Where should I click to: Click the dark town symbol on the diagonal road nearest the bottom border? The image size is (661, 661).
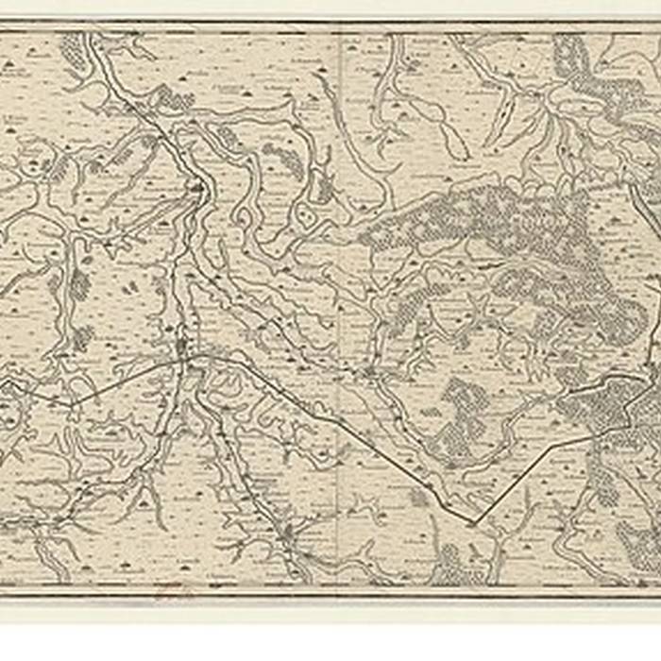pyautogui.click(x=284, y=535)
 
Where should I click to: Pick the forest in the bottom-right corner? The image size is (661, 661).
pyautogui.click(x=637, y=548)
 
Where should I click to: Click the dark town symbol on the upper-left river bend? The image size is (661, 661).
pyautogui.click(x=197, y=189)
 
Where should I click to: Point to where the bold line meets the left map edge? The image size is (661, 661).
pyautogui.click(x=3, y=381)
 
